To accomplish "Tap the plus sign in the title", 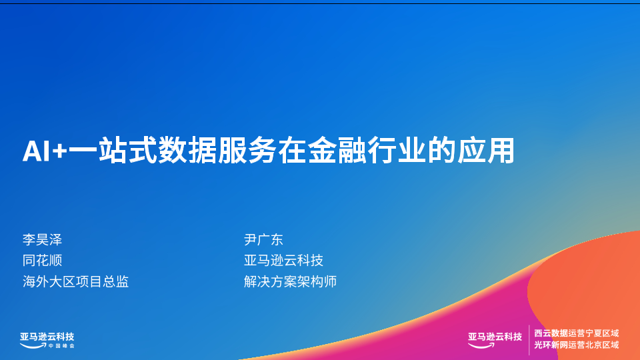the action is pos(59,152).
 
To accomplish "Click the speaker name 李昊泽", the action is pos(43,239).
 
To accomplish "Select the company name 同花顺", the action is pos(43,261).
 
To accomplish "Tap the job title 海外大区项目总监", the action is pos(76,281).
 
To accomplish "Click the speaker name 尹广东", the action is pos(264,239).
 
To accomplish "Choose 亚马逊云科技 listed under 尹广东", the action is pos(284,261).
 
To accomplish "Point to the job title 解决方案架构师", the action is pos(290,281).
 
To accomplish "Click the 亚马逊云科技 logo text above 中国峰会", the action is pos(47,337).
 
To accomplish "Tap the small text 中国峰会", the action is pos(61,346).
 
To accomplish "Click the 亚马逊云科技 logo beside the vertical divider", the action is pos(495,339).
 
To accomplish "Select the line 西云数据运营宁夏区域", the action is pos(576,333).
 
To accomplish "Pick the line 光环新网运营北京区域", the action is pos(576,345).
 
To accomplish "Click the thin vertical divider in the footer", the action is pos(529,340).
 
